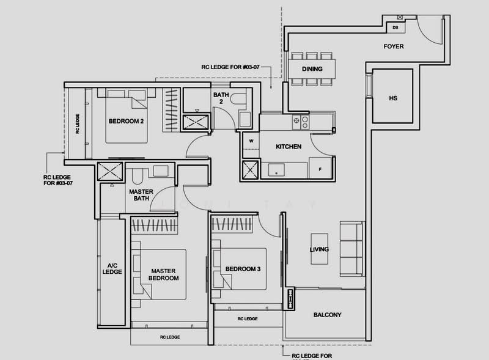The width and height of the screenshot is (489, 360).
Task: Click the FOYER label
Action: click(394, 46)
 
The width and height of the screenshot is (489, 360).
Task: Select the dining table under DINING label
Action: click(312, 68)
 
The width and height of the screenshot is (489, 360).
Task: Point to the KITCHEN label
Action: click(289, 147)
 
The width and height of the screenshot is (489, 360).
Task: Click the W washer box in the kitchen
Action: click(251, 141)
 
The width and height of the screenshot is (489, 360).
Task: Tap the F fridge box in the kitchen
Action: click(320, 166)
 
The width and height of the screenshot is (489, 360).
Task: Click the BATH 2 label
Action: click(221, 98)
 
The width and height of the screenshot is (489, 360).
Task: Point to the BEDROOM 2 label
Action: click(126, 121)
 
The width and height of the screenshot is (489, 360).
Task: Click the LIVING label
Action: click(319, 249)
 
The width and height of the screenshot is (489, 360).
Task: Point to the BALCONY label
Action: click(327, 315)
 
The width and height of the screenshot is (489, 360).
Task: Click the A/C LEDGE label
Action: click(112, 269)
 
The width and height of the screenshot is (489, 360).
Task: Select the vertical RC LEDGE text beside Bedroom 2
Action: click(77, 124)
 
